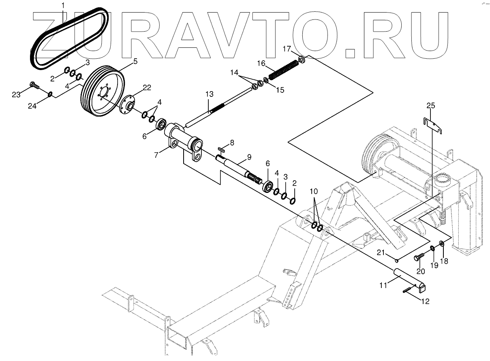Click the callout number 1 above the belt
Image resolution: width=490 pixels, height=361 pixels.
[x=63, y=5]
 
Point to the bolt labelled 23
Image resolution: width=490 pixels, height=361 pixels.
[x=34, y=85]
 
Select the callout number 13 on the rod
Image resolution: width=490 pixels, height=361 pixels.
[x=209, y=94]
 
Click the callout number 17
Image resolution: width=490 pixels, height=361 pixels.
[x=287, y=49]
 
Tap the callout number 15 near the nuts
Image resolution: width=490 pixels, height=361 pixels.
[x=280, y=90]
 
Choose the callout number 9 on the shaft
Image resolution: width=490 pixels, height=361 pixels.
[x=248, y=157]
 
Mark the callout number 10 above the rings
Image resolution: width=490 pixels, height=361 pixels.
[x=315, y=191]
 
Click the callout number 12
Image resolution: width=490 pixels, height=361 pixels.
[x=425, y=301]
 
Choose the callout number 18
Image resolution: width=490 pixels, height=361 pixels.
[x=444, y=261]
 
